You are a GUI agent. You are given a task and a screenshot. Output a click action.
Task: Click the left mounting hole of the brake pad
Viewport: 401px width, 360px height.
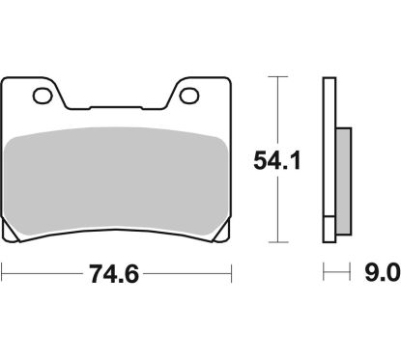pos(41,96)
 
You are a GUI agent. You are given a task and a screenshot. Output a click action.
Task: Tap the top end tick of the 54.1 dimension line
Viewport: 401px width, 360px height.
pos(277,75)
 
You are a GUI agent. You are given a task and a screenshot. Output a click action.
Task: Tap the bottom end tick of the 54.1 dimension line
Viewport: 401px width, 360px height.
pos(277,242)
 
